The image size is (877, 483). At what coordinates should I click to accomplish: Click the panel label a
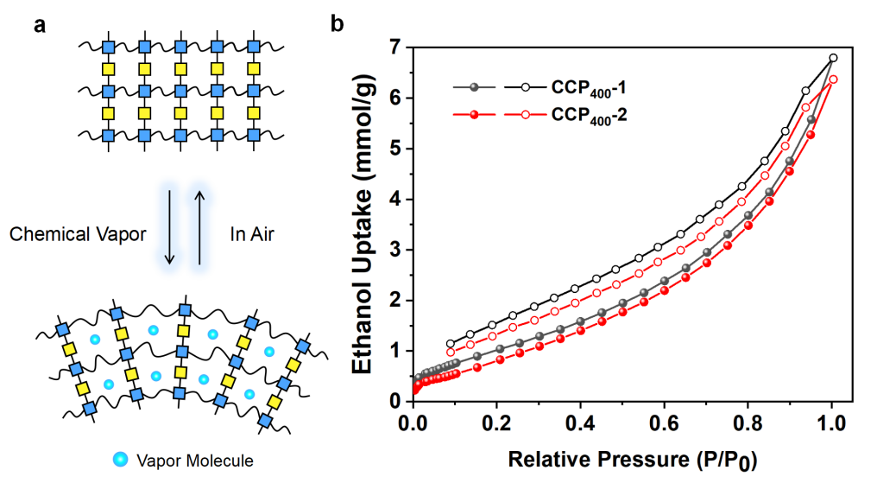click(x=39, y=24)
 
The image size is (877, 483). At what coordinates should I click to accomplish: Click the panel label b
click(x=338, y=24)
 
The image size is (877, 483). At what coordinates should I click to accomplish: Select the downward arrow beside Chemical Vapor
click(x=169, y=226)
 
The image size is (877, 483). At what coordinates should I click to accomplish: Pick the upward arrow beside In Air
click(x=200, y=226)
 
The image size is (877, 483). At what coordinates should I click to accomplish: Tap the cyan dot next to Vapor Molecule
click(x=126, y=459)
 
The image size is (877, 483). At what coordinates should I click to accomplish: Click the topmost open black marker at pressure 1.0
click(x=833, y=58)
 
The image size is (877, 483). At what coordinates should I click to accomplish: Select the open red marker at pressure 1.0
click(x=833, y=79)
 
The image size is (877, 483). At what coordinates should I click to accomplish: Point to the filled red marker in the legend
click(x=472, y=113)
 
